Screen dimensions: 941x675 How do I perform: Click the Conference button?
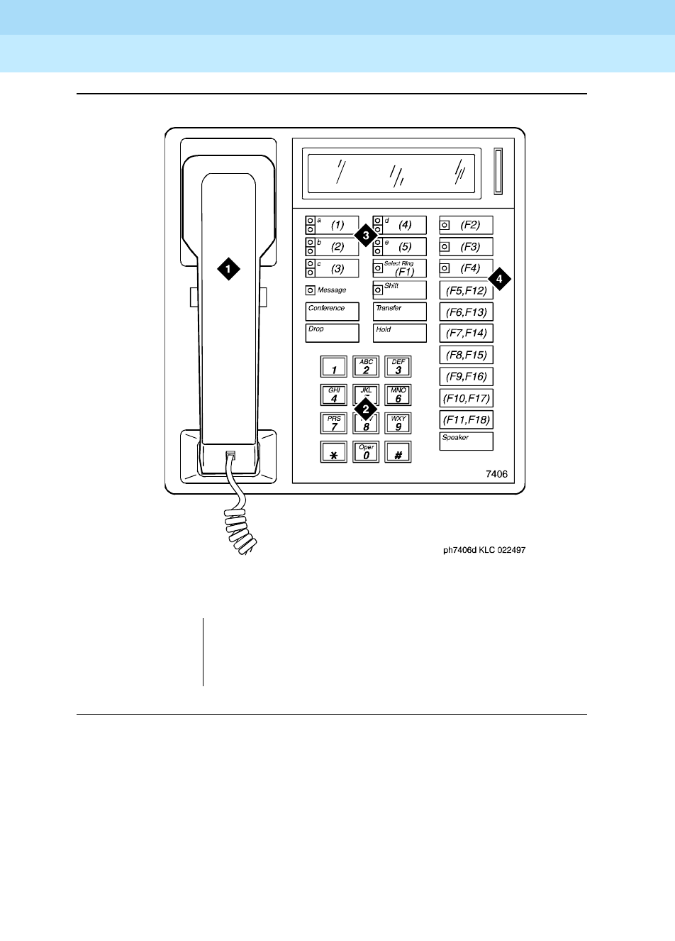pos(333,312)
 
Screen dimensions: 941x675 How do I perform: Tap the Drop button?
pos(333,333)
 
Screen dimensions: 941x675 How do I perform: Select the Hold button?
pos(400,333)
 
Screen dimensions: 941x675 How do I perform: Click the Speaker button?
pos(466,441)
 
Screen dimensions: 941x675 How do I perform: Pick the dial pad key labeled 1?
pos(334,367)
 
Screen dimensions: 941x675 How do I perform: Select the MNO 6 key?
pos(398,395)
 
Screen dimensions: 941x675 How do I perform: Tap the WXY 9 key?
pos(398,424)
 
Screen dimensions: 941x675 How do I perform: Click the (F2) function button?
pos(466,226)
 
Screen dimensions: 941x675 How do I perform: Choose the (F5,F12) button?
pos(466,290)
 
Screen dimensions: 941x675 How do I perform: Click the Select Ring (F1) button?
pos(400,268)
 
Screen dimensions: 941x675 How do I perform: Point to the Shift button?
pos(400,290)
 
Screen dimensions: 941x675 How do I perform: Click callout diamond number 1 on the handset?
pos(228,269)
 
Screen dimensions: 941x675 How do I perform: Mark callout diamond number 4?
pos(499,280)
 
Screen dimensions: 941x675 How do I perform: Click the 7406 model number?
pos(497,475)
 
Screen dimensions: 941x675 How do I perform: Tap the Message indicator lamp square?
pos(310,290)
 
